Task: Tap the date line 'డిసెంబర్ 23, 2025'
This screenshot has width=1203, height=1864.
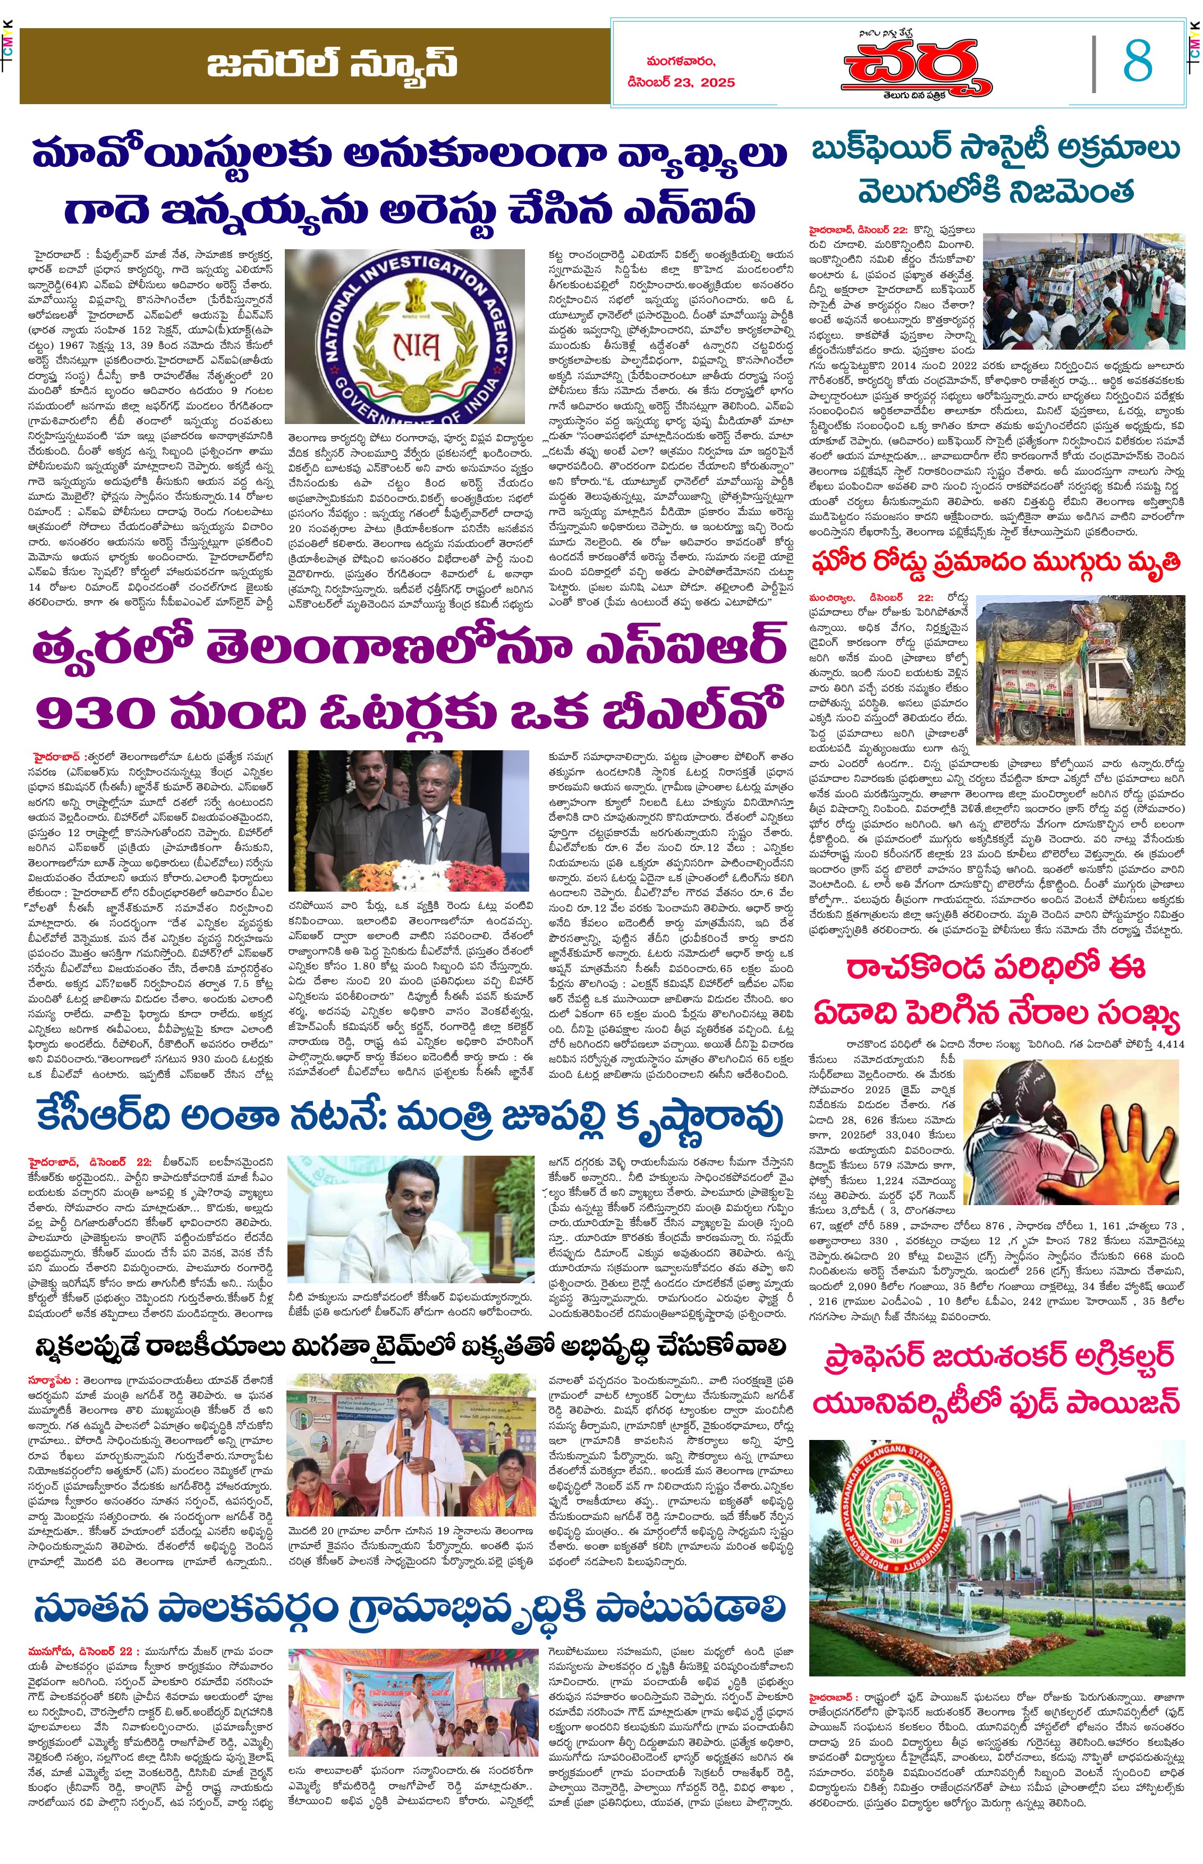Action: pyautogui.click(x=680, y=82)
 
